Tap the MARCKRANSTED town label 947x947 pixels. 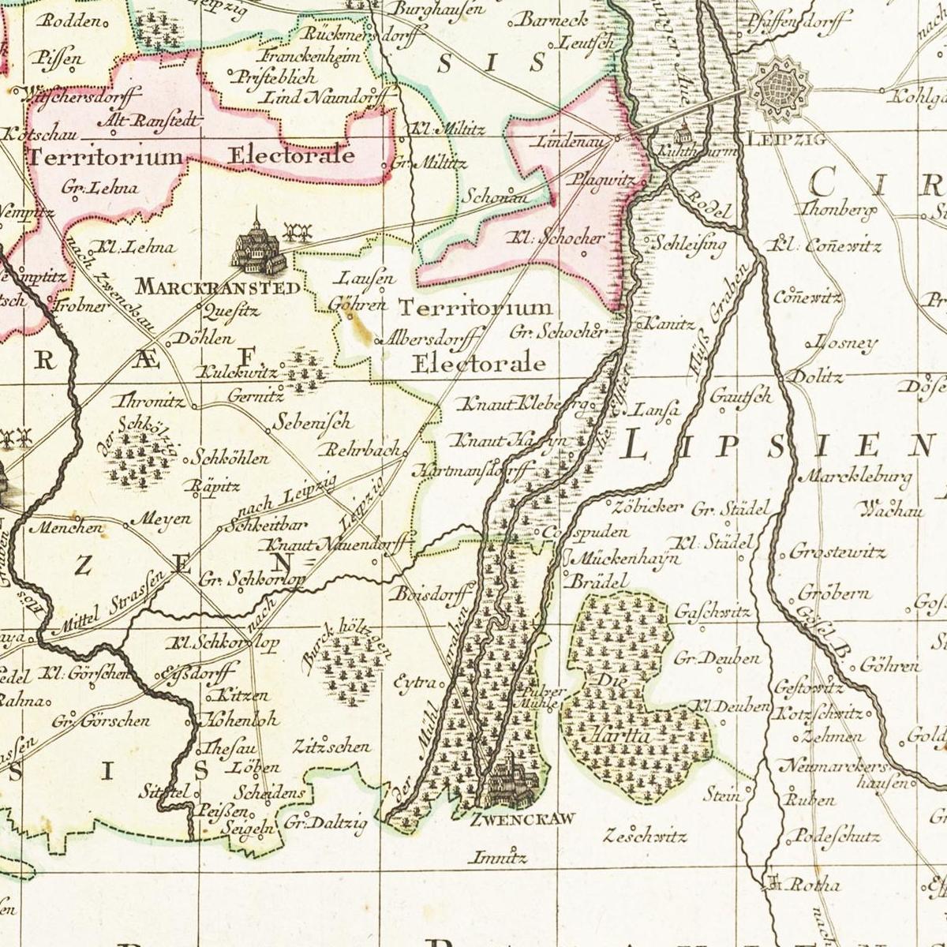point(219,286)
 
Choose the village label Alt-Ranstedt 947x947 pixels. point(144,120)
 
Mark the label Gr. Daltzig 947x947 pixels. point(325,825)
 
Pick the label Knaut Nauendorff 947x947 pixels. point(339,545)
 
